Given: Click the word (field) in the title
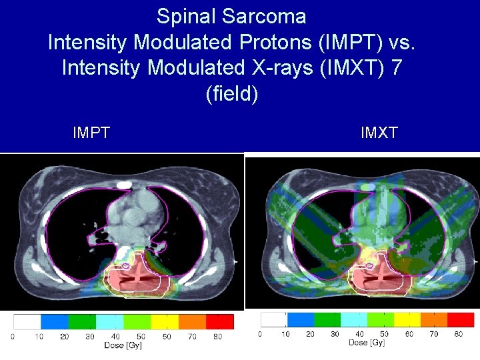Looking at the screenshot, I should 231,93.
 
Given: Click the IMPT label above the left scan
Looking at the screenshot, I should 91,133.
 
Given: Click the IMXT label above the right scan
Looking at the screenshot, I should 379,133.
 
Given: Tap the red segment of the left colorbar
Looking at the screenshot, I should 220,321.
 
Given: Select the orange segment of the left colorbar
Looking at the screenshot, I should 193,321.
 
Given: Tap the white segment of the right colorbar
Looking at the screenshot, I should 273,319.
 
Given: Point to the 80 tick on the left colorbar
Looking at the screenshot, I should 217,337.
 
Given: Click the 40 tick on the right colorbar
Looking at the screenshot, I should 360,334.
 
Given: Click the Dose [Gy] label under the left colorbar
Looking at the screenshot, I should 123,346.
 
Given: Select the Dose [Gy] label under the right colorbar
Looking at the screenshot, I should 366,343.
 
